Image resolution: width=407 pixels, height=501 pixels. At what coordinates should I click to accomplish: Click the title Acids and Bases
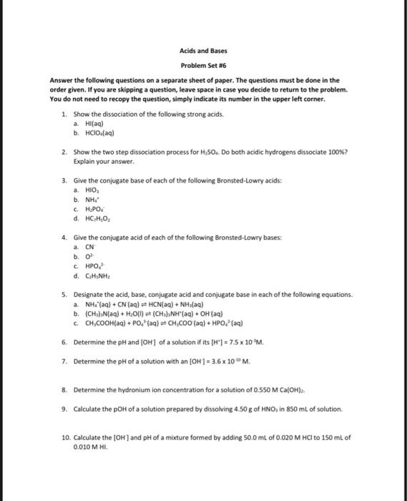[x=203, y=52]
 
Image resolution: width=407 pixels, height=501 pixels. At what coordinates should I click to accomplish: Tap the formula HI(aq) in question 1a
[x=93, y=123]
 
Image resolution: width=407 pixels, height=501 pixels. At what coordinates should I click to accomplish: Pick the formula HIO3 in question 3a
[x=91, y=190]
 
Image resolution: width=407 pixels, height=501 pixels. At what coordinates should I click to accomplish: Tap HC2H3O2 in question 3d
[x=97, y=218]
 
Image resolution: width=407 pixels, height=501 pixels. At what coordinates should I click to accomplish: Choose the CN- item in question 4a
[x=89, y=245]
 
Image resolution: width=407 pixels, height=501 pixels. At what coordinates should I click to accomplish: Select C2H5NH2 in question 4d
[x=97, y=275]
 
